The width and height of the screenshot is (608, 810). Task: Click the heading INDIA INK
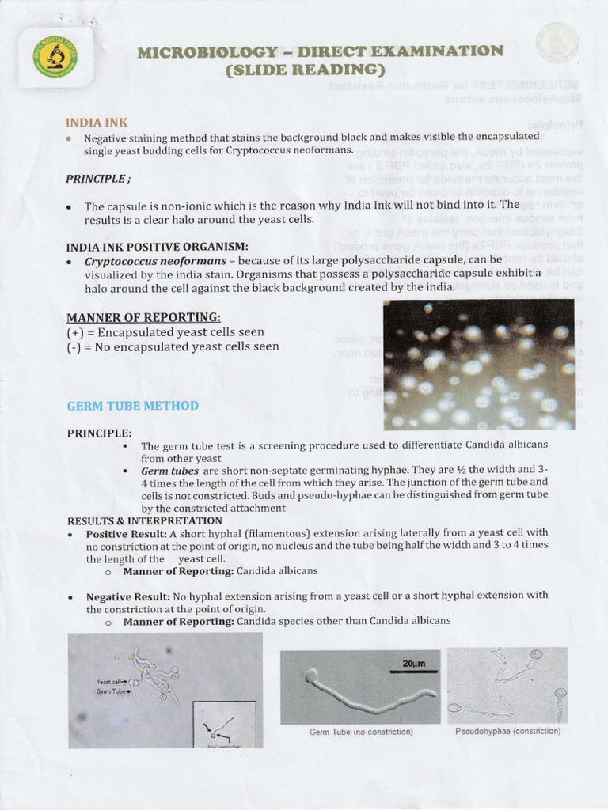point(97,123)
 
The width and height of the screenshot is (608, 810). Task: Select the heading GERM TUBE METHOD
point(132,406)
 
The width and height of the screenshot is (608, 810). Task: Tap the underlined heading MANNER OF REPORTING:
point(131,317)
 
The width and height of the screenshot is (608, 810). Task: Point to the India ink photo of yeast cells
point(479,365)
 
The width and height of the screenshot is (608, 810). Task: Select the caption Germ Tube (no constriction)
point(360,732)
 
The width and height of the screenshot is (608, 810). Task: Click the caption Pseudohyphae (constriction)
point(507,731)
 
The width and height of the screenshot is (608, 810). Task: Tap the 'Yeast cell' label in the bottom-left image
point(110,681)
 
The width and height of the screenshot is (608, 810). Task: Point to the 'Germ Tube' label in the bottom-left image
point(110,691)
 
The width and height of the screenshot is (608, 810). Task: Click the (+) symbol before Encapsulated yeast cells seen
point(77,332)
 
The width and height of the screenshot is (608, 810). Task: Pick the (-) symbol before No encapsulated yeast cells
point(76,346)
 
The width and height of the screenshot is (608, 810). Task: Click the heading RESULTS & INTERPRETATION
point(145,520)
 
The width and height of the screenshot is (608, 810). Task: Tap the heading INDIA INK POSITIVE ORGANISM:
point(158,246)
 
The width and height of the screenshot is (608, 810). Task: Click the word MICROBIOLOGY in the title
point(207,52)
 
